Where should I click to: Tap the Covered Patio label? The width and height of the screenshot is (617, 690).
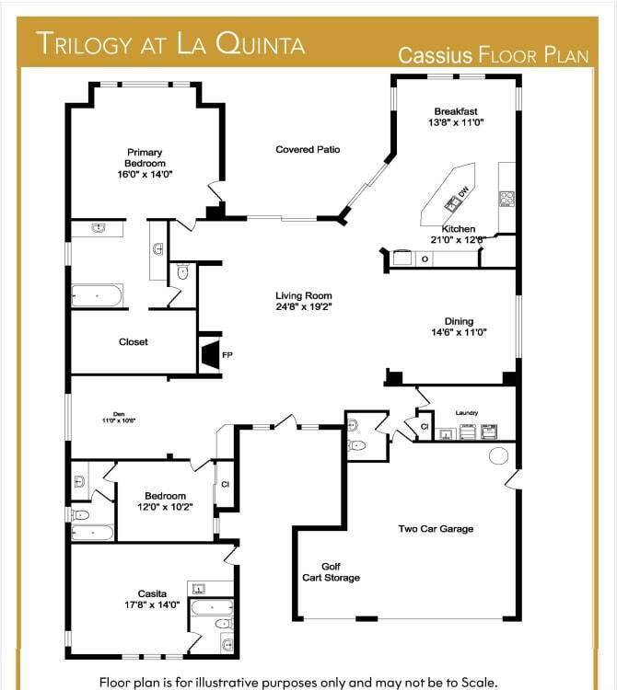(x=308, y=149)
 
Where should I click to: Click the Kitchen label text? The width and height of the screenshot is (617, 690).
(x=459, y=229)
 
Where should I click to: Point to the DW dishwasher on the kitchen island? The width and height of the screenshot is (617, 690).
(x=463, y=191)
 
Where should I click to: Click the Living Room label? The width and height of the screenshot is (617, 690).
(x=303, y=296)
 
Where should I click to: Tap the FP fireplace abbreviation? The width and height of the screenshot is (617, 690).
(x=227, y=355)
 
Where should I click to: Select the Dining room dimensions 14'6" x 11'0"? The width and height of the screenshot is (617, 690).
(x=459, y=333)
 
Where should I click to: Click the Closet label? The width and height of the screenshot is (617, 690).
(x=134, y=342)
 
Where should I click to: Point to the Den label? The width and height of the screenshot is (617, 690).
(x=119, y=415)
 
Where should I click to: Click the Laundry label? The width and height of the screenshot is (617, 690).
(x=467, y=413)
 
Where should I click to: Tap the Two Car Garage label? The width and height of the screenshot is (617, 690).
(x=436, y=529)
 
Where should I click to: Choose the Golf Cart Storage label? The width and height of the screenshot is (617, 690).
(x=331, y=572)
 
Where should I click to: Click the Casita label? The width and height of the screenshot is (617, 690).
(x=153, y=593)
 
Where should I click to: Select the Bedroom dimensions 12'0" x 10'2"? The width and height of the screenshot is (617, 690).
(x=166, y=507)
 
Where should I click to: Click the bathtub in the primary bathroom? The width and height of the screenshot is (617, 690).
(x=97, y=296)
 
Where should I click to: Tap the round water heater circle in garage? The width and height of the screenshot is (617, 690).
(x=498, y=455)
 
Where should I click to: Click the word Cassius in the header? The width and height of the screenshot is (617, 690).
(x=436, y=55)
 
